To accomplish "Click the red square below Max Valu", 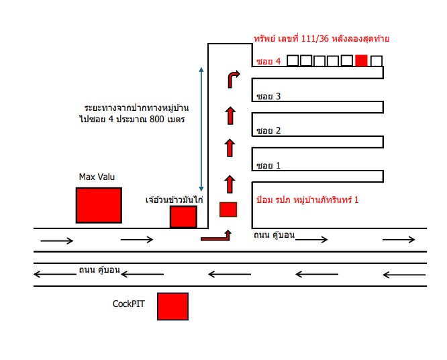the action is coord(99,205).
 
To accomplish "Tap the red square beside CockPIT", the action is coord(172,306).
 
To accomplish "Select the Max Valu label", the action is coord(97,177).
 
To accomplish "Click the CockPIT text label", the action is coord(129,304).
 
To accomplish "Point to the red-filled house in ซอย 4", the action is coord(362,60).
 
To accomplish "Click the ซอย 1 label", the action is coord(268,165).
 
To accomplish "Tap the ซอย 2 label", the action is coord(268,131).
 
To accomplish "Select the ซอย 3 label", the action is coord(268,96).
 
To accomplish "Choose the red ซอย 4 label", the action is coord(268,61).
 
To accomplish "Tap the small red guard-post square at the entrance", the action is coord(228,210).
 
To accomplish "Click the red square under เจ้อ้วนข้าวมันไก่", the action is coord(183,217).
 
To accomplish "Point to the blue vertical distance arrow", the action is coord(201,129).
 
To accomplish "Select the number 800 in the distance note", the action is coord(157,119).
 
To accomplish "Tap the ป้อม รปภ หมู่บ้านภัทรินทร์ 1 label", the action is coord(307,199).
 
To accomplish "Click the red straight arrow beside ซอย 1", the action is coord(230,184).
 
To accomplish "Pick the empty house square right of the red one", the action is coord(377,61).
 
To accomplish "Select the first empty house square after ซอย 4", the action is coord(293,60).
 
